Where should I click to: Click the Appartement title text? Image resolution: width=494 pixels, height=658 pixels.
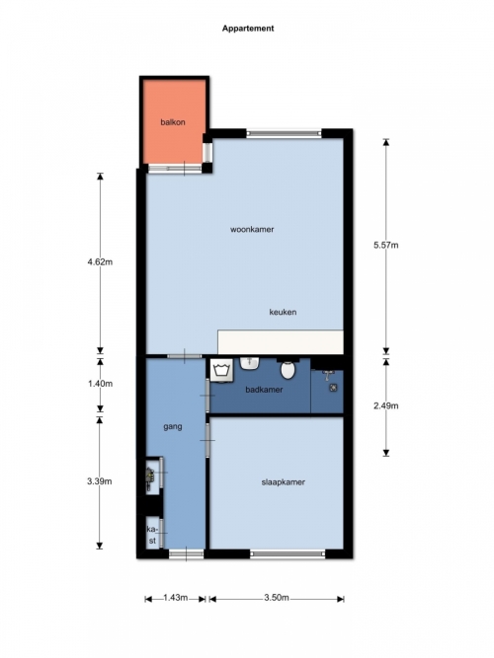click(248, 29)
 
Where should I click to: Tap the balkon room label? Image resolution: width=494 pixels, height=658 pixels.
click(173, 122)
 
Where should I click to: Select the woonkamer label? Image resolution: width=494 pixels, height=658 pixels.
click(252, 229)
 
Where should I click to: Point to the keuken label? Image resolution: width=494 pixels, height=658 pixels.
click(283, 312)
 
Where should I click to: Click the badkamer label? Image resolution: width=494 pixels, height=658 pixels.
click(264, 390)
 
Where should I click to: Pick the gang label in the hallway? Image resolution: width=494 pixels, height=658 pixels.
click(172, 427)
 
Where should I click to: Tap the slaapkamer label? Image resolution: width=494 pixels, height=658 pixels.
click(283, 482)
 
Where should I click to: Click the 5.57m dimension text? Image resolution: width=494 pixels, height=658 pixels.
click(386, 245)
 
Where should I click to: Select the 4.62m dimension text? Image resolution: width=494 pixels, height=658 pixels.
click(100, 261)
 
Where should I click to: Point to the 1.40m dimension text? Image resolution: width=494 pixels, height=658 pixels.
click(100, 384)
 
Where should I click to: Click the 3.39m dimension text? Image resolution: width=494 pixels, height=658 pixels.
click(100, 481)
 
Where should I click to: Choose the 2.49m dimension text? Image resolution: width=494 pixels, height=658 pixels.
click(386, 405)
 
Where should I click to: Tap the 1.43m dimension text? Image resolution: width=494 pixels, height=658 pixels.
click(175, 598)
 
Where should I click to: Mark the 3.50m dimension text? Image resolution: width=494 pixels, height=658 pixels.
click(277, 598)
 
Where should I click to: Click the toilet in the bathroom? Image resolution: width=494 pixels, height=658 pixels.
click(288, 368)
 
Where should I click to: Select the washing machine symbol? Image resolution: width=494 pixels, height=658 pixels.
click(221, 371)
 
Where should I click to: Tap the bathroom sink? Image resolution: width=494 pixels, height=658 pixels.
click(250, 363)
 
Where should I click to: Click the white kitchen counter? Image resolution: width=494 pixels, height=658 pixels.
click(281, 342)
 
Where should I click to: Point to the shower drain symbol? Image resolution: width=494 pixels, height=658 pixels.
click(333, 388)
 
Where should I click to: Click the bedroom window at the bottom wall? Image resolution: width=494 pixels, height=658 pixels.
click(288, 554)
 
